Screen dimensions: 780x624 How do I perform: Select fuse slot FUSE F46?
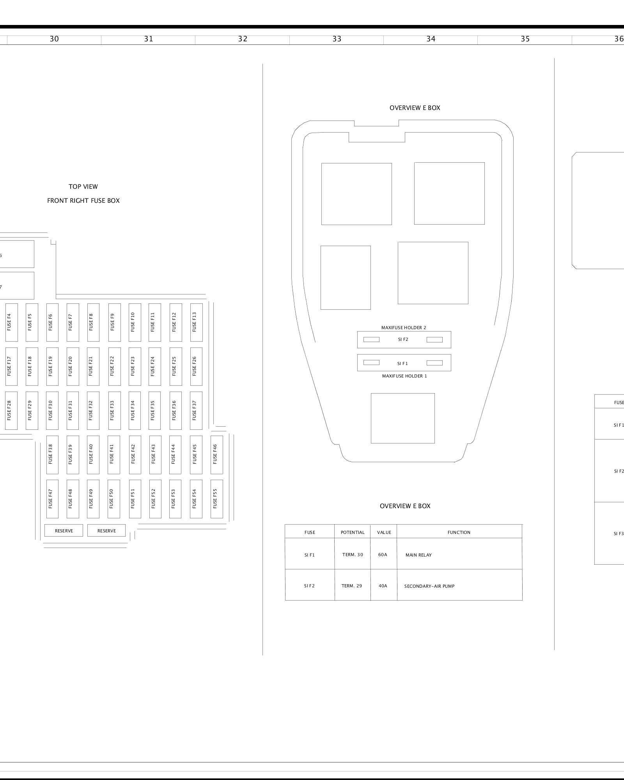pos(216,455)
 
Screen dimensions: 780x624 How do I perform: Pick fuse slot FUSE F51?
pos(135,499)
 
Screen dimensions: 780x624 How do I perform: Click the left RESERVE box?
pos(64,530)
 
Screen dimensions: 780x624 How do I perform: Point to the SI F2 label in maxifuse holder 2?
pos(403,340)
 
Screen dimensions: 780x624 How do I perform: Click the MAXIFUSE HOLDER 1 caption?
pos(404,376)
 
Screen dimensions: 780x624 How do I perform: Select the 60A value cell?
pos(383,555)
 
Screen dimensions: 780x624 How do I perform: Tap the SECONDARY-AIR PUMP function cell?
pos(429,586)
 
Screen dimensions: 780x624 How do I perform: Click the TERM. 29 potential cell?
pos(352,586)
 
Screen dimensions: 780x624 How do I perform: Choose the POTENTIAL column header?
pos(353,532)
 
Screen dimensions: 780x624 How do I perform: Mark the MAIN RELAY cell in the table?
pos(419,555)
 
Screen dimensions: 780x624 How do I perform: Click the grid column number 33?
pos(337,39)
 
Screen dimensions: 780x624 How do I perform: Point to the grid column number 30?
pos(54,39)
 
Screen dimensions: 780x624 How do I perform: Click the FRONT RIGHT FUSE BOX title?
pos(83,201)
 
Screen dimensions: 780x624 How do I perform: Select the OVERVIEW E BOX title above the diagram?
pos(415,108)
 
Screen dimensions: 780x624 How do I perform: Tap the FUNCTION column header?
pos(459,532)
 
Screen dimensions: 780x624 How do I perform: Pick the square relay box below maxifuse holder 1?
pos(402,418)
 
